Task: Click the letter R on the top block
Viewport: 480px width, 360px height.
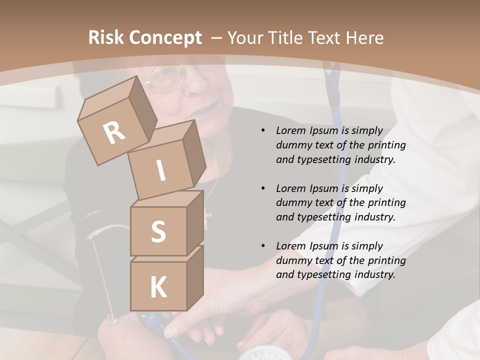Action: [114, 133]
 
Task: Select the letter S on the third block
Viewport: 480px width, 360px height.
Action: [158, 231]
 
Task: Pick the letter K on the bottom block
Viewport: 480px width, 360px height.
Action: [158, 287]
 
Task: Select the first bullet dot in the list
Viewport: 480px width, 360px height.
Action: [263, 131]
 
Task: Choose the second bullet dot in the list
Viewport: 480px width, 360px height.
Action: [263, 188]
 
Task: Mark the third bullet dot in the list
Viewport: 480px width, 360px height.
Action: [263, 246]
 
